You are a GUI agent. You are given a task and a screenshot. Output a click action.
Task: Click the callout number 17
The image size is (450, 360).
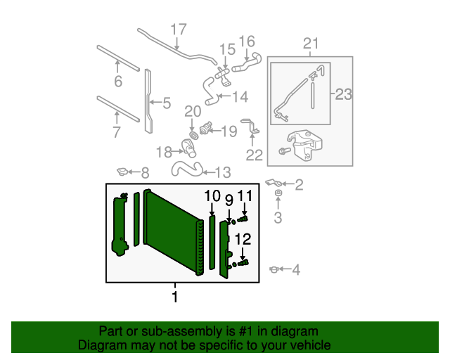pos(179,30)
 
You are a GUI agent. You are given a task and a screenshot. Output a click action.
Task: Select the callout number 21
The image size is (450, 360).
pos(311,45)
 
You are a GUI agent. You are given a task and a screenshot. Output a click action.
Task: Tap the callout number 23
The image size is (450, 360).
pos(342,94)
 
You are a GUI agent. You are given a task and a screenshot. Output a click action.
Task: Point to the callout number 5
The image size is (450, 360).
pos(166,104)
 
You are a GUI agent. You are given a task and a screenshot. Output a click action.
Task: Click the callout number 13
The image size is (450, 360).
pos(221,172)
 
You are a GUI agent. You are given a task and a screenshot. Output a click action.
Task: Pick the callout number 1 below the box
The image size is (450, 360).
pos(175,297)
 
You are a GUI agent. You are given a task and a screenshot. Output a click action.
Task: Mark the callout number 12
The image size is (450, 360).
pos(243,239)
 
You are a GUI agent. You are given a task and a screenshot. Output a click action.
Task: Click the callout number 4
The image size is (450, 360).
pos(295,269)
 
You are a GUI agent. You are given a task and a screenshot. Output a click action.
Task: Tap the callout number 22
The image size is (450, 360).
pos(254,155)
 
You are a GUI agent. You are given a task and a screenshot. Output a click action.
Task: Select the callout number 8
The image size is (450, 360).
pos(145,173)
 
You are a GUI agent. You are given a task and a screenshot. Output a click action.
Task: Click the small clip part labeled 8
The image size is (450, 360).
pos(123,171)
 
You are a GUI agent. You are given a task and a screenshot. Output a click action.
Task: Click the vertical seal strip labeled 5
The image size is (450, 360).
pos(148,100)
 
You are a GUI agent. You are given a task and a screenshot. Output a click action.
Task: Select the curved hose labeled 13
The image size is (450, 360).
pos(184,169)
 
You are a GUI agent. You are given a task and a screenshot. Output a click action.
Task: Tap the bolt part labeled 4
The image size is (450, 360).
pos(275,269)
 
